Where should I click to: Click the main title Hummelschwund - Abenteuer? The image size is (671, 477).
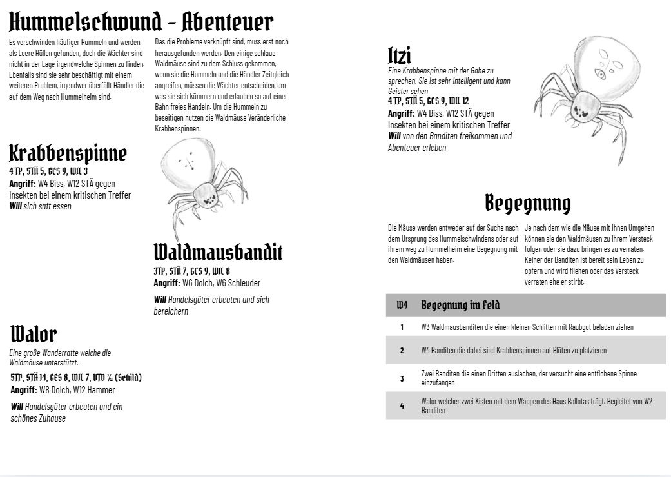[x=141, y=22]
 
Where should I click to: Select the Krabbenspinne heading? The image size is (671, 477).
[x=68, y=153]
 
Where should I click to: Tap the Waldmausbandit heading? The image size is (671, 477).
[x=218, y=252]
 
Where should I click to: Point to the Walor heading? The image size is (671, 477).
[x=34, y=335]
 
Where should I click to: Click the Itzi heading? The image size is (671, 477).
[x=400, y=55]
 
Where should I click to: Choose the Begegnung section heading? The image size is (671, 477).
[x=527, y=202]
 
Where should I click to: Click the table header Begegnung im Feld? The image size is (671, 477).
[x=460, y=305]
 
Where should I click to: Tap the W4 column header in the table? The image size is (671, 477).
[x=402, y=305]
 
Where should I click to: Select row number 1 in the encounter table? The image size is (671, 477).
[x=402, y=327]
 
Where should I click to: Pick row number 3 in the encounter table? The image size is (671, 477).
[x=402, y=378]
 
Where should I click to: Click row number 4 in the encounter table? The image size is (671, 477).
[x=402, y=406]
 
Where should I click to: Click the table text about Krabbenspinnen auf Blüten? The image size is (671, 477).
[x=514, y=350]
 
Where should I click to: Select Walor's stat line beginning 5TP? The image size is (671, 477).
[x=76, y=378]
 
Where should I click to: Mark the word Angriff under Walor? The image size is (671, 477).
[x=23, y=390]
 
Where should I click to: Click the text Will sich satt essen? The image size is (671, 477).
[x=40, y=206]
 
